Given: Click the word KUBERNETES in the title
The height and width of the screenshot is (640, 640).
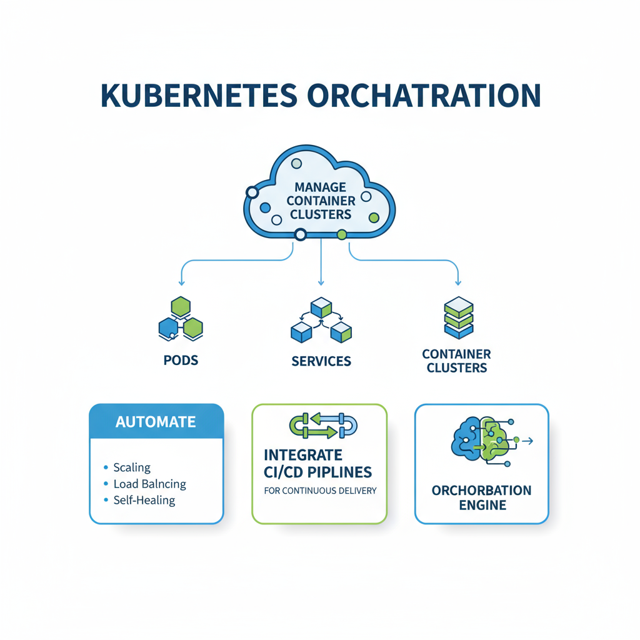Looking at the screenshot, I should pos(198,95).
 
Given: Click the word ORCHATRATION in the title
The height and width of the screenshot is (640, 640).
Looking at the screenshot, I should pos(423,95).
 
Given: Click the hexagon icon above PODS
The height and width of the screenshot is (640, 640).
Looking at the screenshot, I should pos(181,318).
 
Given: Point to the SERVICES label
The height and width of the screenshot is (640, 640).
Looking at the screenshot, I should pos(321,361).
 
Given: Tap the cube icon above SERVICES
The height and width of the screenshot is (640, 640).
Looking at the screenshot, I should pos(321,320).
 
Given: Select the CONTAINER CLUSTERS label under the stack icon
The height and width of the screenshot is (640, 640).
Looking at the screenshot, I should pos(457,361).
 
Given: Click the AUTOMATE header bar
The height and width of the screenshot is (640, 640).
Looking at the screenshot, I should pos(156,421).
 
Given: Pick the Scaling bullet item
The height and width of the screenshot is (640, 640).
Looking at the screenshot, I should pos(131,467).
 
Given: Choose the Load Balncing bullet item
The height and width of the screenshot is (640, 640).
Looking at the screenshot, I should pos(149,484).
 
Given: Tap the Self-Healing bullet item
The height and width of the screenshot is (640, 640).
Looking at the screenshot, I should pos(144,500).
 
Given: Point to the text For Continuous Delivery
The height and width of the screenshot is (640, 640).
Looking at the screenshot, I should pos(320,491).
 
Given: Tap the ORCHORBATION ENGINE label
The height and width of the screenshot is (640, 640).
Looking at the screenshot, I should pos(481,497).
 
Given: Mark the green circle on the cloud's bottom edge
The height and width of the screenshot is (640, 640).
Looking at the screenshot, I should pos(341,235).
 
